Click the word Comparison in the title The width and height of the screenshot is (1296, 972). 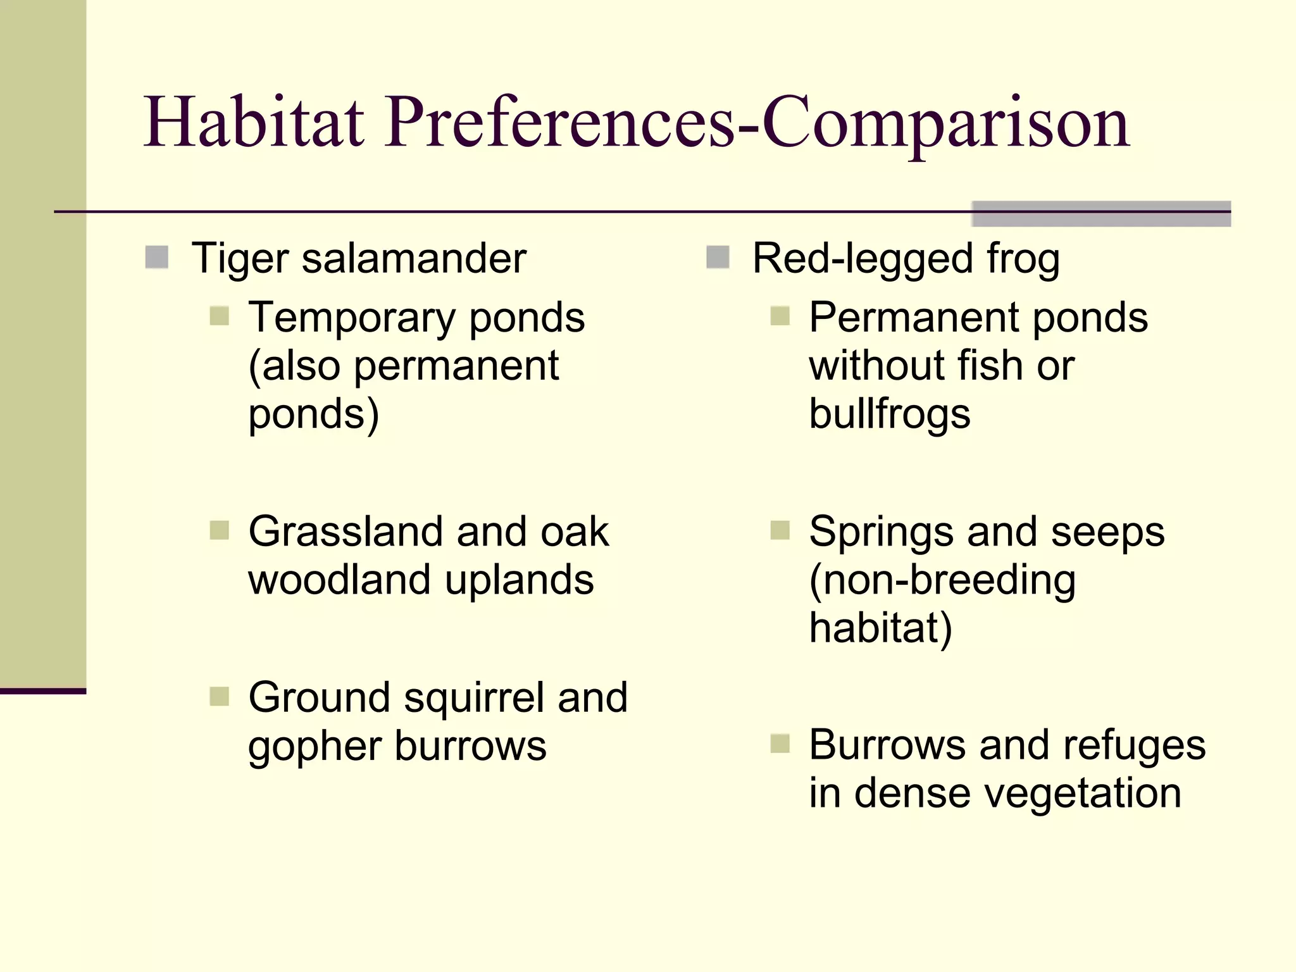click(946, 123)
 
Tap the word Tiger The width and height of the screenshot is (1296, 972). click(240, 259)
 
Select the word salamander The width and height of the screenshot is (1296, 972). click(414, 259)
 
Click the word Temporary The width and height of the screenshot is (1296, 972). click(351, 318)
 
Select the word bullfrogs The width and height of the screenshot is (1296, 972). click(889, 414)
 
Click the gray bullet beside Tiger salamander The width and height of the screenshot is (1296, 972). click(156, 258)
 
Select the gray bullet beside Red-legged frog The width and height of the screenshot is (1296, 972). click(718, 258)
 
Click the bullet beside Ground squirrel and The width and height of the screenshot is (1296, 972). click(219, 697)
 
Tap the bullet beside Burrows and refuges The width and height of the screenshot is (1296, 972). click(780, 744)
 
